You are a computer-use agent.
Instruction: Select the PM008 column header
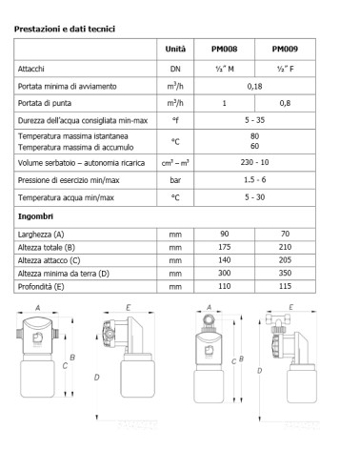[x=224, y=50]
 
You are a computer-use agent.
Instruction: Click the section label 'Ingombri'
[x=34, y=216]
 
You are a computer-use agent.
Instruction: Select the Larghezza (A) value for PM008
[x=224, y=234]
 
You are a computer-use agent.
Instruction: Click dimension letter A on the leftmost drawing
[x=36, y=308]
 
